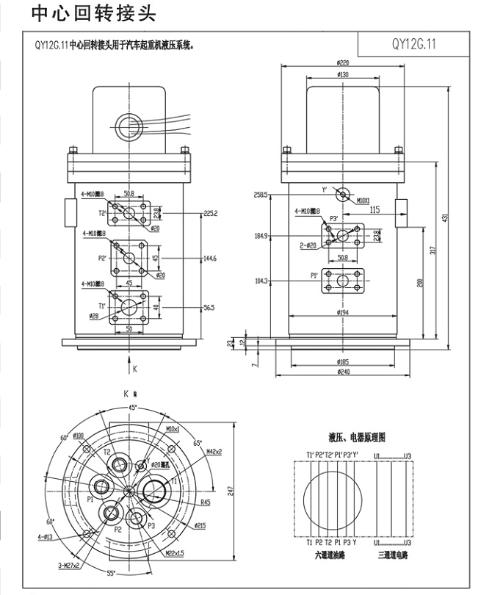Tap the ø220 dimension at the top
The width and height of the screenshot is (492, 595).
coord(341,63)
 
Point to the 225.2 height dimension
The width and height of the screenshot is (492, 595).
coord(211,213)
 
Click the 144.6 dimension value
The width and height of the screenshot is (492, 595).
coord(211,259)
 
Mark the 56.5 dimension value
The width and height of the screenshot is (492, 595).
coord(209,308)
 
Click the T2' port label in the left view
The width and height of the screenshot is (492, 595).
coord(104,213)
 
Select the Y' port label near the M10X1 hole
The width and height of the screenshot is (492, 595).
coord(324,190)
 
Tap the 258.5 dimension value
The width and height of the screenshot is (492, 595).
coord(261,195)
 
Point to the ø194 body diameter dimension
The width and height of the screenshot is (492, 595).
coord(342,312)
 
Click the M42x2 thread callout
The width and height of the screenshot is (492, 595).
coord(214,451)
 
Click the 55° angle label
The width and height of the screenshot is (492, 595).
coord(111,572)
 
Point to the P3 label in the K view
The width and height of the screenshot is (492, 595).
coord(151,526)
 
